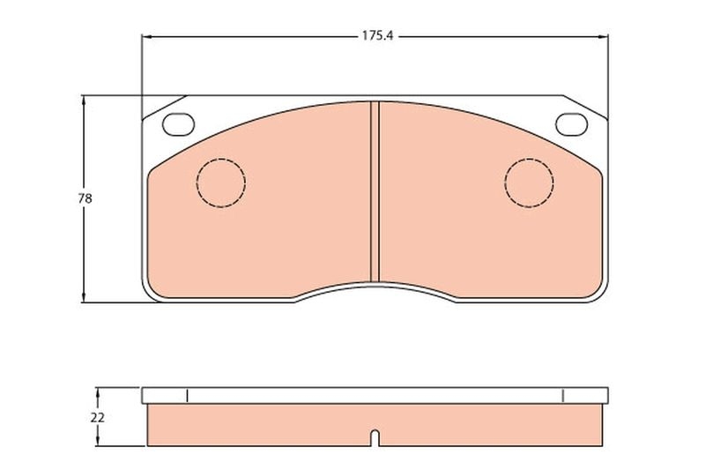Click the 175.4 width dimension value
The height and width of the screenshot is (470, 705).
(x=375, y=37)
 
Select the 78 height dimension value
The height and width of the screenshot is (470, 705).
(x=85, y=198)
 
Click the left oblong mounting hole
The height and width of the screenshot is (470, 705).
(x=179, y=124)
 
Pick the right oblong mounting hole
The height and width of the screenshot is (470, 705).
(x=571, y=124)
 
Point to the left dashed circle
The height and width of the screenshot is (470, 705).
(x=220, y=183)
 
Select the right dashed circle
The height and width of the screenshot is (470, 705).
(x=529, y=183)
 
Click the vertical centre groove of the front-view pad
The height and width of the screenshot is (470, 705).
(x=375, y=190)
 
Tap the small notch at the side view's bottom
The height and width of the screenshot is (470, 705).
(x=375, y=436)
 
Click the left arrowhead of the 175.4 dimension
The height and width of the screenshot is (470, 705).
(x=146, y=37)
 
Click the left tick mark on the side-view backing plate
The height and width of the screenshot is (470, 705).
(x=188, y=395)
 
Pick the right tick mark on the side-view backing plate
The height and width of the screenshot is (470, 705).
(x=561, y=395)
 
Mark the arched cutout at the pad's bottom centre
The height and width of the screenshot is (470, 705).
(x=375, y=287)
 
